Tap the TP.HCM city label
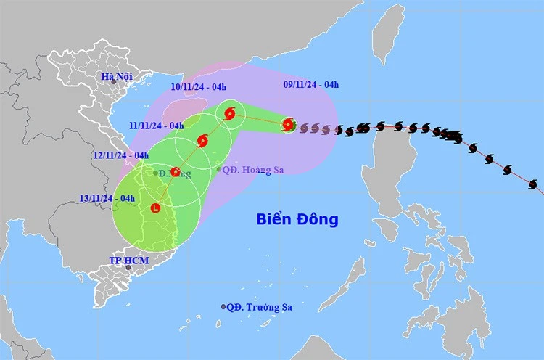pos(124,259)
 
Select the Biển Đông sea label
pos(297,218)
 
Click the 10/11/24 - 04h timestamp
pos(197,87)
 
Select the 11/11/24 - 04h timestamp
pos(157,125)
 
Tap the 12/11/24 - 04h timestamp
pos(120,155)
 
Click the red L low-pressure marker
pos(155,208)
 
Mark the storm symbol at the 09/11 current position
pos(289,125)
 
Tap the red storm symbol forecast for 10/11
pos(230,113)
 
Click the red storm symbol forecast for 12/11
pos(175,172)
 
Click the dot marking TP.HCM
pos(128,268)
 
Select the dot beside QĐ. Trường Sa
pos(223,307)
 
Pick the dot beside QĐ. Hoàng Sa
pos(219,169)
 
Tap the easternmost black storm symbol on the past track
pos(534,185)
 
